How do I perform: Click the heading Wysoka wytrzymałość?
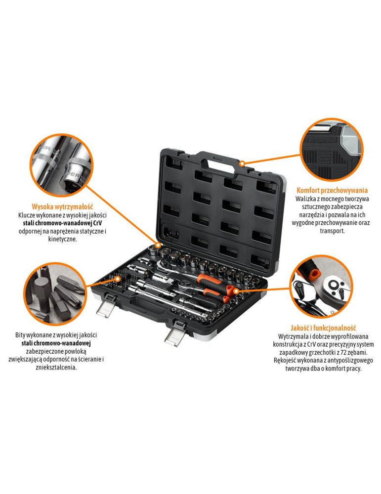point(62,207)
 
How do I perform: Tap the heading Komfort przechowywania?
point(332,190)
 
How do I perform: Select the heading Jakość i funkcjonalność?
point(323,328)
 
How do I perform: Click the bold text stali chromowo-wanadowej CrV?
point(62,223)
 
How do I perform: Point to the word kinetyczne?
point(62,239)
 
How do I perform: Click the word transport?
point(333,231)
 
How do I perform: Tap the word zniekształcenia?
point(56,368)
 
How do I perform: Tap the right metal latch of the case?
point(176,334)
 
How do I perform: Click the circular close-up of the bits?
point(56,293)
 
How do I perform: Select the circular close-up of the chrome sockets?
point(61,165)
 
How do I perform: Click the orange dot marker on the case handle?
point(242,164)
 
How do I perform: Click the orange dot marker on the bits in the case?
point(118,279)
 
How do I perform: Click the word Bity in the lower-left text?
point(20,335)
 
